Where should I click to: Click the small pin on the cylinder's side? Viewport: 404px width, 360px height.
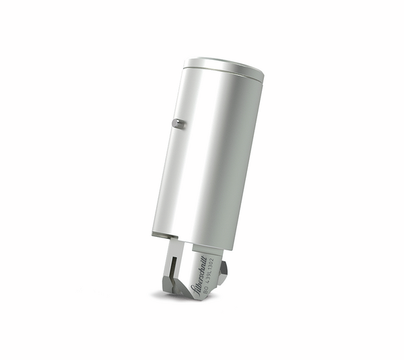(x=177, y=123)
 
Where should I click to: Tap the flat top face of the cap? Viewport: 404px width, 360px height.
(x=224, y=66)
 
